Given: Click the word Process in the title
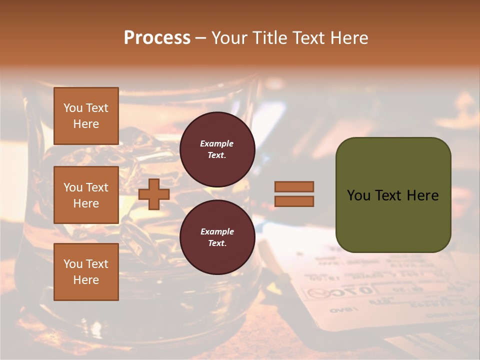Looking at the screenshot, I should pos(157,38).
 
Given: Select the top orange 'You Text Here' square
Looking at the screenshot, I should pos(86,116).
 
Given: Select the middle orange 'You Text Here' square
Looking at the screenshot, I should pos(86,195).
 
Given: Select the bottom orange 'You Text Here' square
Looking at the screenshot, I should pos(86,271).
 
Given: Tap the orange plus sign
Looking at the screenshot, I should pos(154,194).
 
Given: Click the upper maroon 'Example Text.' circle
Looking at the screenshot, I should pos(217,149).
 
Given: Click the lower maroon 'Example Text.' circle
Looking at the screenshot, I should pos(217,237).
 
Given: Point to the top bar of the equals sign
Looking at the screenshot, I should pos(294,186).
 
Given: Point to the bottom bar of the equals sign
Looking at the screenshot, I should pos(294,201).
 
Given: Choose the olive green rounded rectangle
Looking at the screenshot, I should pos(393,195).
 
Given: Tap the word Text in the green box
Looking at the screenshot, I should pos(388,195).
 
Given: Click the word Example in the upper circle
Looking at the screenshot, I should pos(217,143).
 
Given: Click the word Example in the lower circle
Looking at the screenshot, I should pos(217,231).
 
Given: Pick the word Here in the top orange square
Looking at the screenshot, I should pos(86,124).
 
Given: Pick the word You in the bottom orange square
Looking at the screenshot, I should pos(73,264).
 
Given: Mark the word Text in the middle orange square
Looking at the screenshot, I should pos(96,187).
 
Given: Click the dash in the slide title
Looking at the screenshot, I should pos(200,38).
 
